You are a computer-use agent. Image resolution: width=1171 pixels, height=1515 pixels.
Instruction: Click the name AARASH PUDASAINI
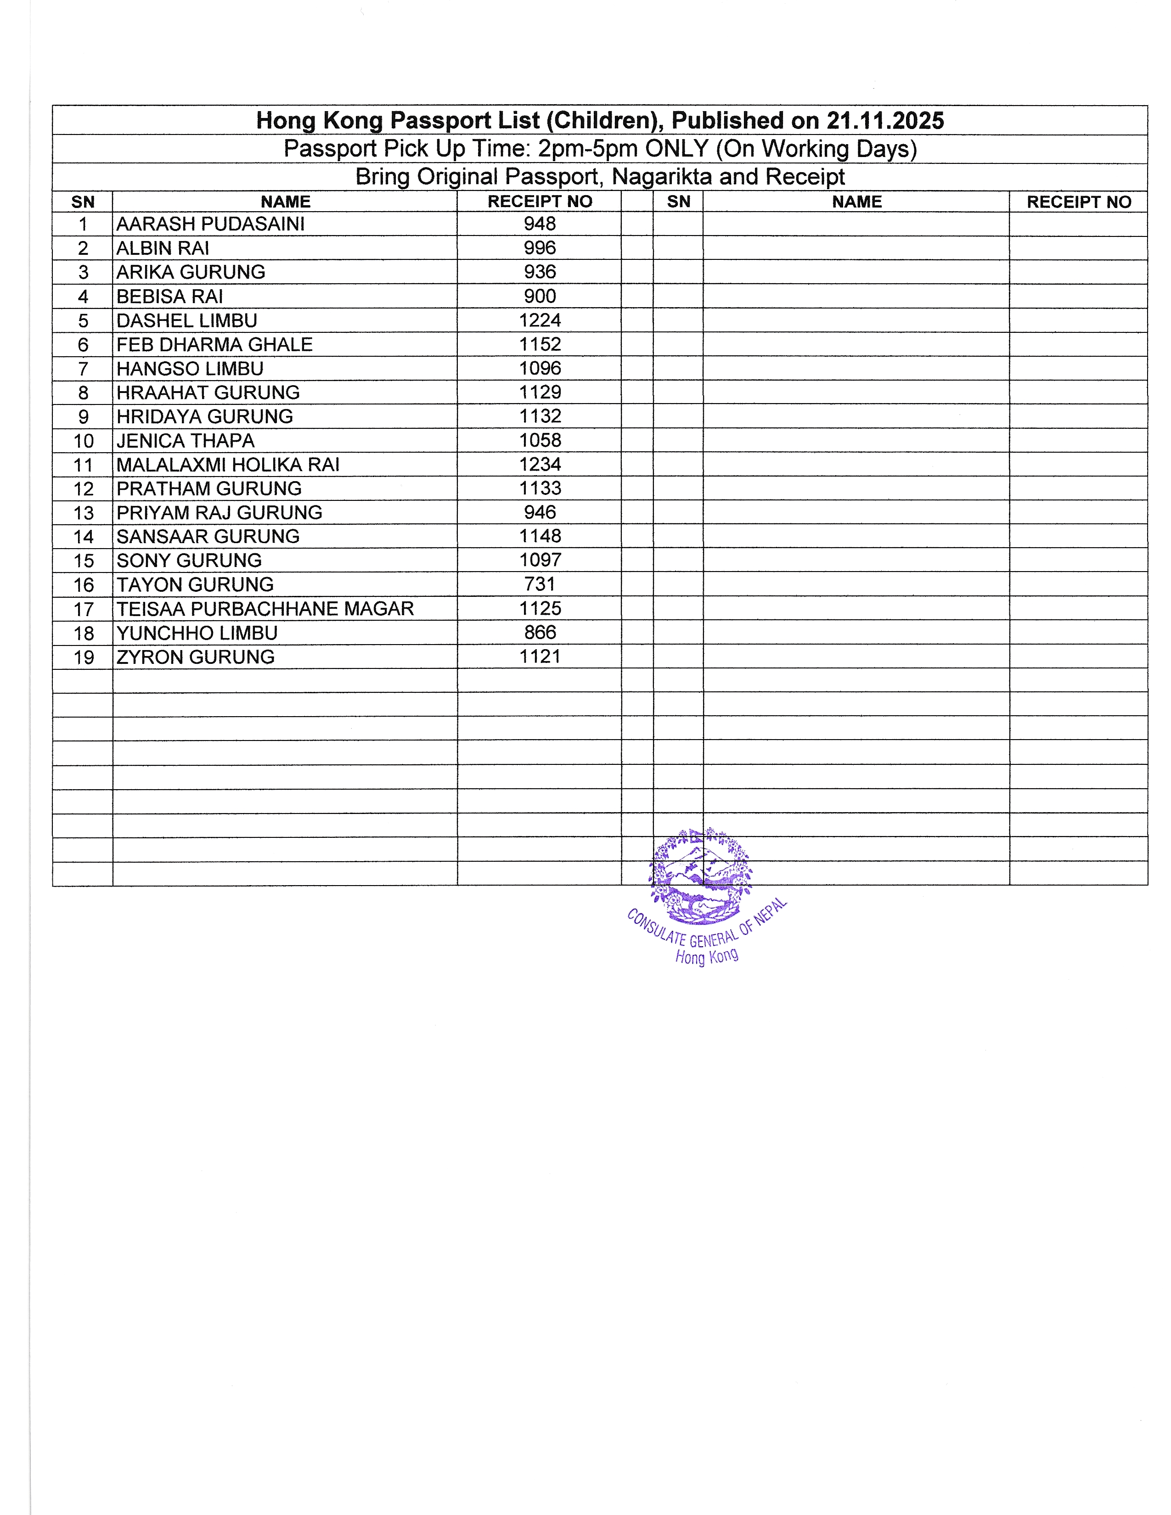(210, 224)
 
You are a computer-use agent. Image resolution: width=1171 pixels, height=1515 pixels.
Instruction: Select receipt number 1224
(540, 320)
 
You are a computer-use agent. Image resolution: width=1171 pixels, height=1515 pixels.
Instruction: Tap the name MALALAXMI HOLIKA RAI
(227, 465)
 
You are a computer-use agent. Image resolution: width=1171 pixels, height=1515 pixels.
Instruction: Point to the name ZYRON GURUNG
(196, 657)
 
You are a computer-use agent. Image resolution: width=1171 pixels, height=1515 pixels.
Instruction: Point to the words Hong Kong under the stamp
(706, 957)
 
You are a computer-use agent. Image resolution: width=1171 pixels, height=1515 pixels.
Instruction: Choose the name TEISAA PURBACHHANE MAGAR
(265, 609)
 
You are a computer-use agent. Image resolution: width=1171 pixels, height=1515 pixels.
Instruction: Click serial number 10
(83, 441)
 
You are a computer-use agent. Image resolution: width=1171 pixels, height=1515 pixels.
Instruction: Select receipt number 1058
(540, 440)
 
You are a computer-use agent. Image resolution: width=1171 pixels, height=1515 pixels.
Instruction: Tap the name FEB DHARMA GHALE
(214, 345)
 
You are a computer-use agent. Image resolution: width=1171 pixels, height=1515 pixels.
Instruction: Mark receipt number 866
(540, 633)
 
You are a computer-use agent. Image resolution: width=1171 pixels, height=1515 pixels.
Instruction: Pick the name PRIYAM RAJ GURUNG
(219, 513)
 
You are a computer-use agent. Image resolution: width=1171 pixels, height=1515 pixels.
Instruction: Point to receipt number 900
(540, 296)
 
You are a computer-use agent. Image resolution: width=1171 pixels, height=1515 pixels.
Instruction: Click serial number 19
(83, 657)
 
